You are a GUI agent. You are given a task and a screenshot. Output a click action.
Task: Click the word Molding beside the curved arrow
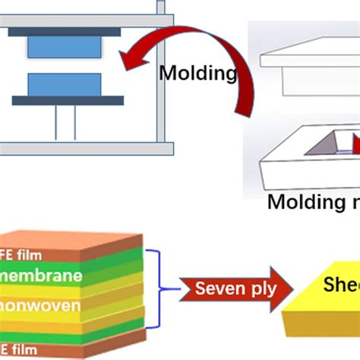click(198, 74)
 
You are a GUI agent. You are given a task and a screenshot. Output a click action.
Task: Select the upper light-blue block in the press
click(64, 48)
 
